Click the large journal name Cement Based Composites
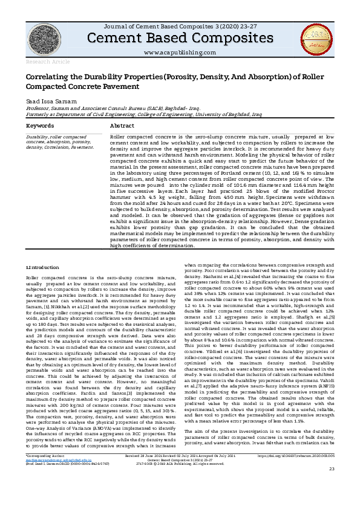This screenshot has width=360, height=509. point(180,38)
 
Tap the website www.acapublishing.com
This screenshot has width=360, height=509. point(180,53)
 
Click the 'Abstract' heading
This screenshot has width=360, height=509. point(122,126)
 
